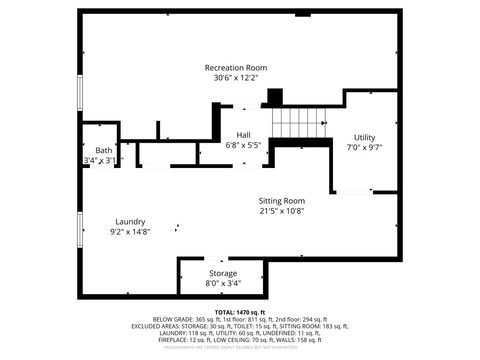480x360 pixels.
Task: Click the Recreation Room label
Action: pyautogui.click(x=236, y=68)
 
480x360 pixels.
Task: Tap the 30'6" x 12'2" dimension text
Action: pyautogui.click(x=236, y=78)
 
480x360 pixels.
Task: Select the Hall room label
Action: pyautogui.click(x=243, y=134)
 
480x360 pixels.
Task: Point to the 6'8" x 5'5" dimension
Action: pyautogui.click(x=243, y=145)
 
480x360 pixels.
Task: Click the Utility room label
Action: pyautogui.click(x=364, y=137)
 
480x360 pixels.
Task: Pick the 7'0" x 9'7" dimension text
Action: pyautogui.click(x=364, y=147)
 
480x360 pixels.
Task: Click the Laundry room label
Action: pyautogui.click(x=131, y=221)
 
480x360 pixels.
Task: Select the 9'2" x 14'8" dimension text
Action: pyautogui.click(x=131, y=231)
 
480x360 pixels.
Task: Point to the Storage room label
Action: pyautogui.click(x=223, y=273)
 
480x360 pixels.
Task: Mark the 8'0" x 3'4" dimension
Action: pyautogui.click(x=223, y=283)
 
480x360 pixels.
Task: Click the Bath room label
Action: pyautogui.click(x=90, y=150)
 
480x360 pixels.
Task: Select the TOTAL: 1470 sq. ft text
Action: pyautogui.click(x=240, y=312)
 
